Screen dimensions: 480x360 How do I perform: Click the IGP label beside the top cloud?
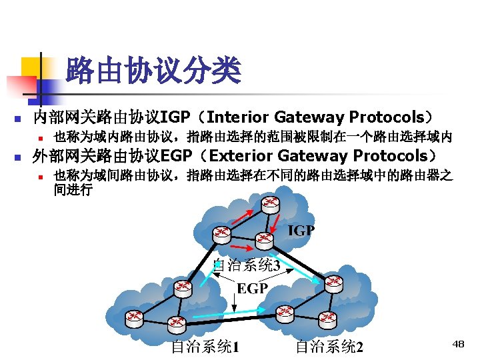(x=301, y=231)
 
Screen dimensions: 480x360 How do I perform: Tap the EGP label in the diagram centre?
(x=253, y=289)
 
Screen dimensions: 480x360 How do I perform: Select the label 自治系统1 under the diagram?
(x=205, y=347)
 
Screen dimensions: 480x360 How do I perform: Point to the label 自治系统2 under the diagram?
(x=329, y=347)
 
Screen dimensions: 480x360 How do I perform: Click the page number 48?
(x=458, y=344)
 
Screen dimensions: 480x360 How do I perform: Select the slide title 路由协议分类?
(x=153, y=71)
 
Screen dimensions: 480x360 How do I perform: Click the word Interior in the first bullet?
(x=237, y=117)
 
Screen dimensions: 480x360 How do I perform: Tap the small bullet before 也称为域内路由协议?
(x=41, y=139)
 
